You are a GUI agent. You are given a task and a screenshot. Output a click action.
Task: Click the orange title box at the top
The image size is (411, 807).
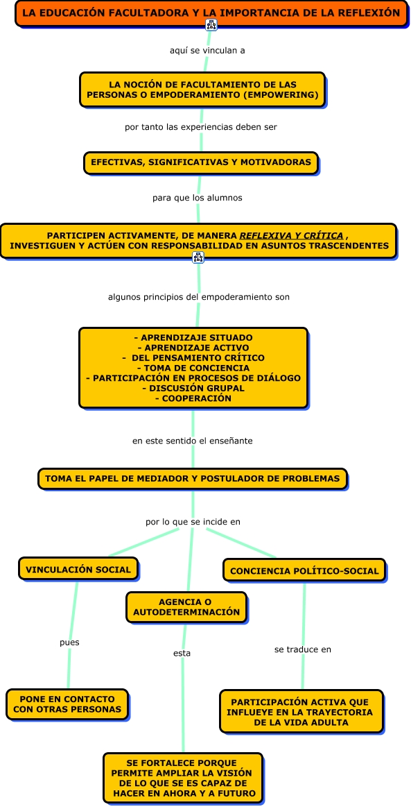[211, 13]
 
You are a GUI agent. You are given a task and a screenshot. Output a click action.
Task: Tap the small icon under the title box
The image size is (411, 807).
[211, 25]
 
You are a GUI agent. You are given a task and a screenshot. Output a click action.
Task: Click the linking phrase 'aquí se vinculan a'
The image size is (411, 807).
[207, 51]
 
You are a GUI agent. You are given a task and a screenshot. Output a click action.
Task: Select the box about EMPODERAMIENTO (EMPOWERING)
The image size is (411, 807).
[202, 90]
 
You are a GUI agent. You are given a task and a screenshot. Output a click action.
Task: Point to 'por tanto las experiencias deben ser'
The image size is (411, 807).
[201, 126]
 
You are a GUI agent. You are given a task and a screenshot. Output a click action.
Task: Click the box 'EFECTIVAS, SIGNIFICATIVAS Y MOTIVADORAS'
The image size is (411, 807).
[201, 162]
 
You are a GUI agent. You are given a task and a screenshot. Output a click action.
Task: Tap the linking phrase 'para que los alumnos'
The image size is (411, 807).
[198, 198]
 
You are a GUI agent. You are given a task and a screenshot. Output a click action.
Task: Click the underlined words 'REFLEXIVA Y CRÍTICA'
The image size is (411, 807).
[291, 236]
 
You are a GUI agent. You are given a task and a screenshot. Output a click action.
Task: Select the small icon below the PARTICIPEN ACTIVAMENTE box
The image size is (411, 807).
[198, 257]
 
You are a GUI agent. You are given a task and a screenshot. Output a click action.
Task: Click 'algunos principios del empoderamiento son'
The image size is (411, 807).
[199, 297]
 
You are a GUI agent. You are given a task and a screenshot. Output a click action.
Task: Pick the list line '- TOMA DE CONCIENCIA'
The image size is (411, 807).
[193, 368]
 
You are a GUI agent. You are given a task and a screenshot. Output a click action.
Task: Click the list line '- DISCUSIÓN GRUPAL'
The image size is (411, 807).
[193, 388]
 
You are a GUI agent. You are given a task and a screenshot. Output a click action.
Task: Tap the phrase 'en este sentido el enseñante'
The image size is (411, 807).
[193, 441]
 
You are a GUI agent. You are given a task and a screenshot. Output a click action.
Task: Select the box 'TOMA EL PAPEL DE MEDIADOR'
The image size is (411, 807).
[193, 479]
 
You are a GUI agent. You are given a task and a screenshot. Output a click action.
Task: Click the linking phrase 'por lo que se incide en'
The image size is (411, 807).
[193, 522]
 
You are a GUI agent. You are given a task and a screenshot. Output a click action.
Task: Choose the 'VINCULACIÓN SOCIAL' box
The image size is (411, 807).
[78, 569]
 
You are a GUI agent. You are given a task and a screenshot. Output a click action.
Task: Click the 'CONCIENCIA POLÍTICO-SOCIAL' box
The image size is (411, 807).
[304, 571]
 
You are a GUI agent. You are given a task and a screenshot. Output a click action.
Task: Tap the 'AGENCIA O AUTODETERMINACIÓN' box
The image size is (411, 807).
[186, 607]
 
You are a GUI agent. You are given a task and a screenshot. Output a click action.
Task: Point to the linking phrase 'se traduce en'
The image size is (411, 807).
[303, 649]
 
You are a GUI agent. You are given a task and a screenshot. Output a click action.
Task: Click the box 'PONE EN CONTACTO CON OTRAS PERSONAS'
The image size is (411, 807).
[67, 704]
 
